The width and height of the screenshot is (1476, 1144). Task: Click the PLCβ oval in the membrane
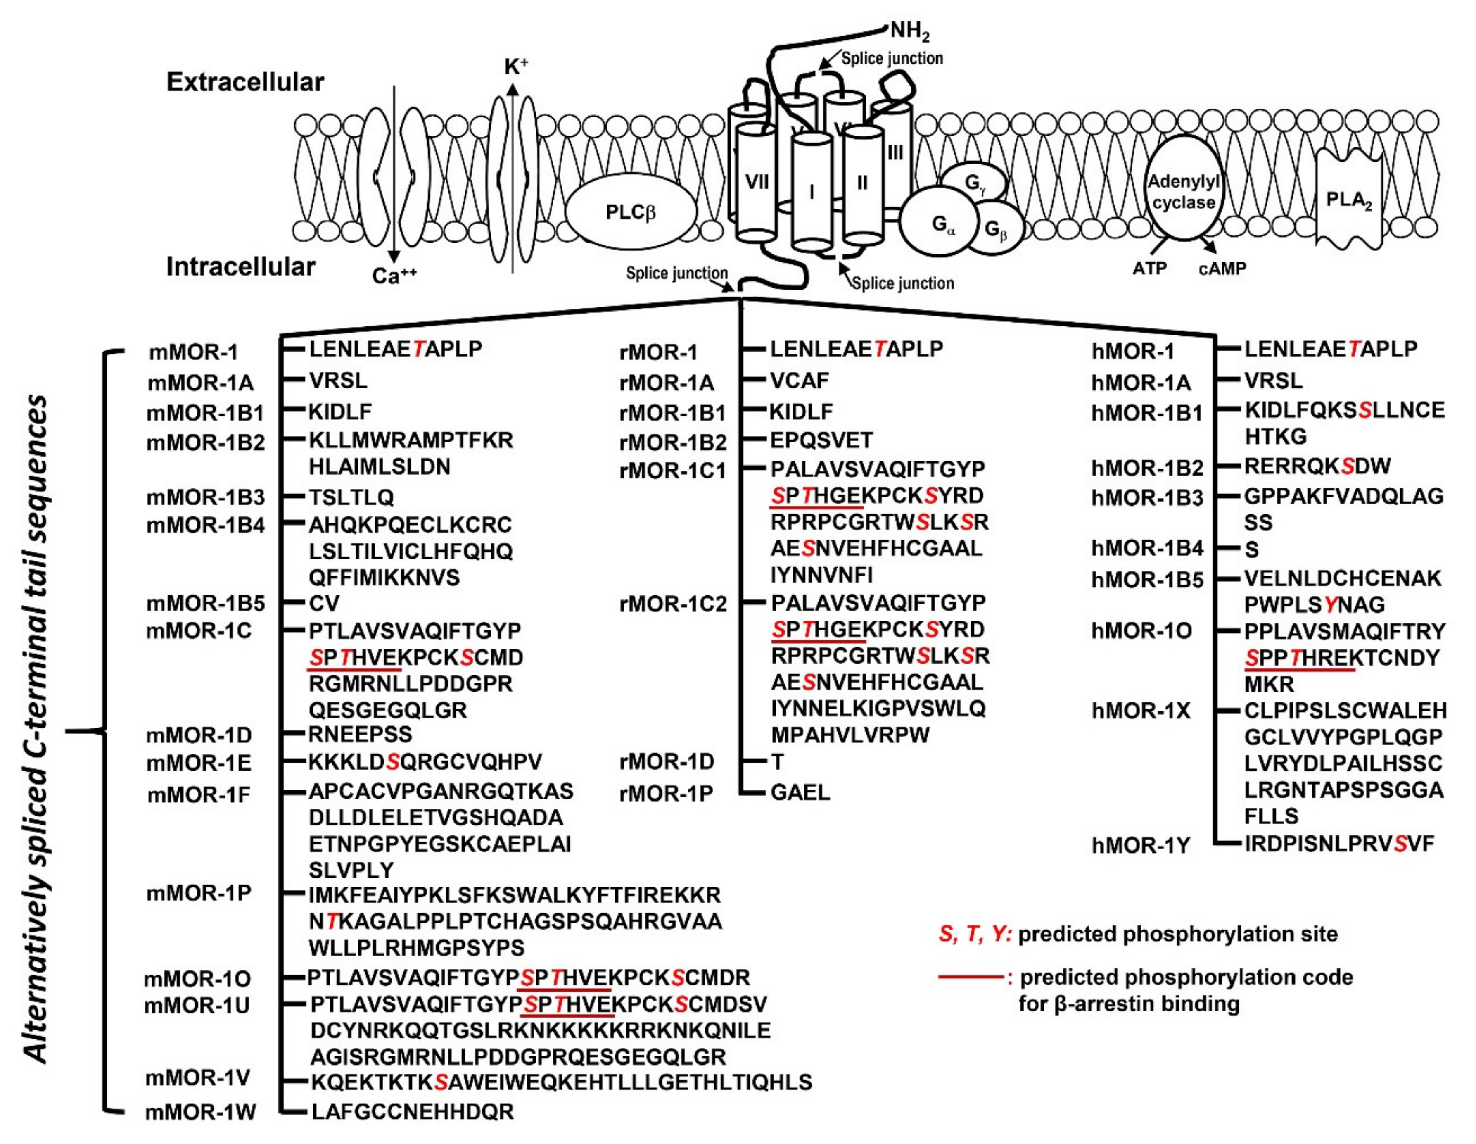[x=631, y=212]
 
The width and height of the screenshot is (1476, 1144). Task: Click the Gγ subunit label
[x=975, y=183]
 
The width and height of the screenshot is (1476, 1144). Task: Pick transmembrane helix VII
[x=757, y=181]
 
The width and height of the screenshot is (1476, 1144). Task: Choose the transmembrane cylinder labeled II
[x=862, y=183]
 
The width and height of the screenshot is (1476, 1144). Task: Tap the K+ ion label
[x=516, y=66]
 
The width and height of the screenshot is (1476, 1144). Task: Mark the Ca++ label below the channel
[x=394, y=275]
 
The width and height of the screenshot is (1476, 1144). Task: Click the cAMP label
[x=1222, y=269]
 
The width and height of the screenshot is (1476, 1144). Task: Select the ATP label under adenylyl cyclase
[x=1150, y=269]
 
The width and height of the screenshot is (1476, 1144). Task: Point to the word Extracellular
[x=245, y=82]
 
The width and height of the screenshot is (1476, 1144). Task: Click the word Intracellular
[x=241, y=266]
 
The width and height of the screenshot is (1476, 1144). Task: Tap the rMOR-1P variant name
[x=667, y=794]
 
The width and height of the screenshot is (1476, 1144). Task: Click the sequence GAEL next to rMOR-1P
[x=800, y=792]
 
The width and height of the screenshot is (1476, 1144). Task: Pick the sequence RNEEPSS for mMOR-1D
[x=360, y=734]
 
